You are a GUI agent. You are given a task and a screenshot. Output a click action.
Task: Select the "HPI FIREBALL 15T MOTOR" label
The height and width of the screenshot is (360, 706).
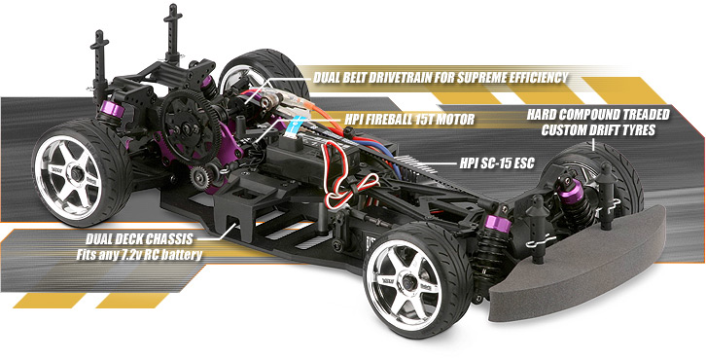coord(409,121)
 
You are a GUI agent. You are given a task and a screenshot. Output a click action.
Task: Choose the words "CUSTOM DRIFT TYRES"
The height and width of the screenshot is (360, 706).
coord(598,129)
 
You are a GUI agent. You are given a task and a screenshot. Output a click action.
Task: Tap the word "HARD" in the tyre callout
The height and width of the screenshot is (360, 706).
coord(545,115)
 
